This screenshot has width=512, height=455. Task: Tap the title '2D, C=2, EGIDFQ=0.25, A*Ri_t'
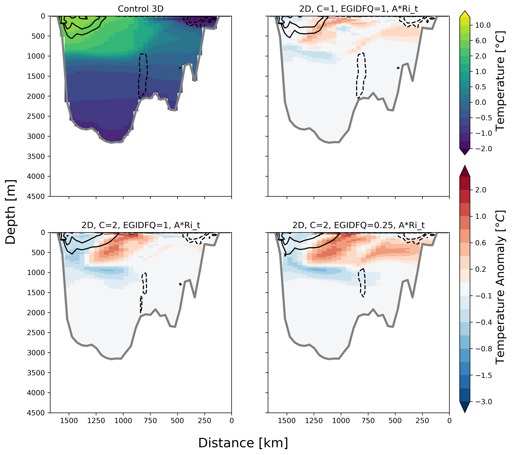(x=358, y=225)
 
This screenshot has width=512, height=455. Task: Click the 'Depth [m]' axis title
(x=10, y=212)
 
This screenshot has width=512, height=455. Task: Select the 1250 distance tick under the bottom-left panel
(x=96, y=420)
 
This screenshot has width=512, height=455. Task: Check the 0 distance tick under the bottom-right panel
(x=449, y=420)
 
